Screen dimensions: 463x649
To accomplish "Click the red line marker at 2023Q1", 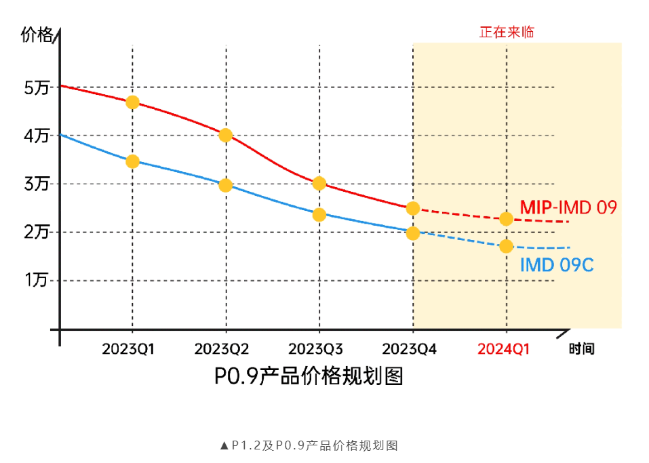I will click(x=132, y=102).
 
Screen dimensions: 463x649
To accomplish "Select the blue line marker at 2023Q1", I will click(x=132, y=161).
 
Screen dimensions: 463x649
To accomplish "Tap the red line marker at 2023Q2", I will click(x=226, y=135).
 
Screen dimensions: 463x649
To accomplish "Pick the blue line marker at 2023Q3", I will click(x=319, y=215).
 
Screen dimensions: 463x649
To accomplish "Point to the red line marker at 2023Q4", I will click(x=413, y=208).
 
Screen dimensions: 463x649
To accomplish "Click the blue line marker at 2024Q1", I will click(x=506, y=246).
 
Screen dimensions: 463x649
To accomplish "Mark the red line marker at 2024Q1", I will click(x=506, y=219).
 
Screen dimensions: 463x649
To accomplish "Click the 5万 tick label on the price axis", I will click(x=37, y=87).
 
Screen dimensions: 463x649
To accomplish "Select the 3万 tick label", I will click(x=37, y=184).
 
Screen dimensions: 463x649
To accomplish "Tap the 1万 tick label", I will click(x=37, y=280).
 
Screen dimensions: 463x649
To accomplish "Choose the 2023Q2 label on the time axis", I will click(x=222, y=349).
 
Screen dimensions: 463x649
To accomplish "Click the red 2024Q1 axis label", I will click(x=503, y=349).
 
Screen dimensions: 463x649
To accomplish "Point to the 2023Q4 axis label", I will click(x=410, y=349).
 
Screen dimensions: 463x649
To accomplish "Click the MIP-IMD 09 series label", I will click(x=568, y=207).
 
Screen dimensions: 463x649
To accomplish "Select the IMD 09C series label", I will click(x=557, y=264).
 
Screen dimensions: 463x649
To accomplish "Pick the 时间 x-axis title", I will click(x=581, y=349).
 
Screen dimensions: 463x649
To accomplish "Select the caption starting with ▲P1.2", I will click(x=309, y=445).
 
